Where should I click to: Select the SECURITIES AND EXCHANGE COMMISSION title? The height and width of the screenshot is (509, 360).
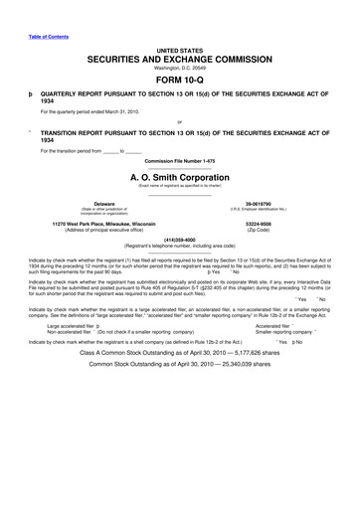[180, 60]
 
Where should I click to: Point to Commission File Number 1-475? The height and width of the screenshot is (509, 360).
[180, 161]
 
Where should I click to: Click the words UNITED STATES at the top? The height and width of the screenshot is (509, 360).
[180, 49]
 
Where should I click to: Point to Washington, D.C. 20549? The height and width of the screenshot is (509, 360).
[180, 70]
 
